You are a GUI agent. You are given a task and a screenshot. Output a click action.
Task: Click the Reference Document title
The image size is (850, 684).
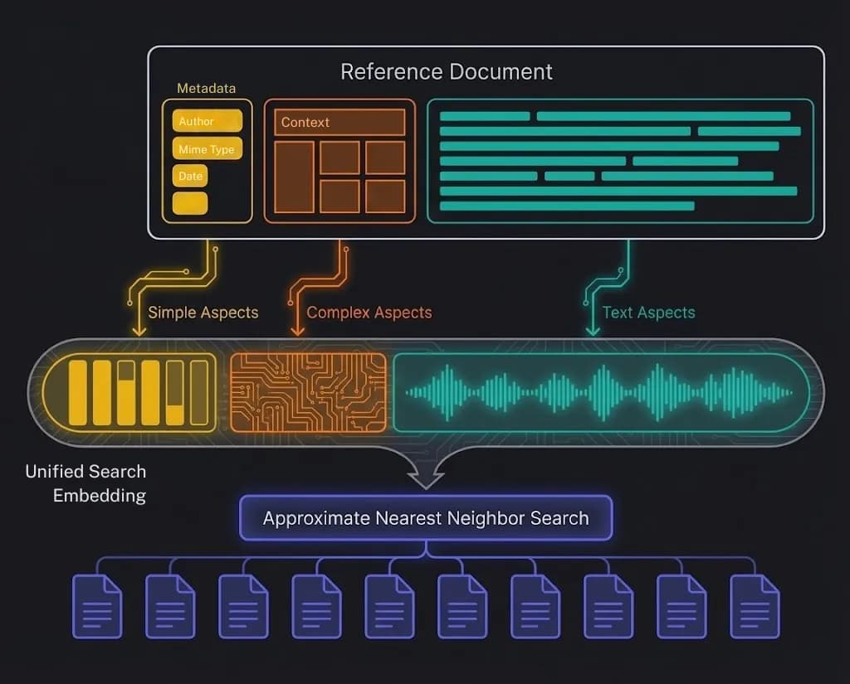tap(447, 71)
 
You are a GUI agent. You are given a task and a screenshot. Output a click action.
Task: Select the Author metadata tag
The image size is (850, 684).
tap(207, 121)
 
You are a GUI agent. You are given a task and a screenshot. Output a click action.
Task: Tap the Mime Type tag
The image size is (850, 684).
tap(207, 149)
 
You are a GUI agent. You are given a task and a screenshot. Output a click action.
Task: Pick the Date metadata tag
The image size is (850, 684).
tap(190, 176)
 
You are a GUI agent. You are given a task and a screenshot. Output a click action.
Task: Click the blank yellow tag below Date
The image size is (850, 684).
tap(190, 203)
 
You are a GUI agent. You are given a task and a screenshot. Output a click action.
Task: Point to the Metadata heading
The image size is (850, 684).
tap(207, 88)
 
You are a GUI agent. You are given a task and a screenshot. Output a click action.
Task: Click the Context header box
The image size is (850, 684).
tap(340, 122)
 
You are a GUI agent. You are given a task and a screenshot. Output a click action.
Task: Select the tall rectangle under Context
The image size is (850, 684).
tap(295, 177)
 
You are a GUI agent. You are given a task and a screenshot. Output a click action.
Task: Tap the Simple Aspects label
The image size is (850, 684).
tap(203, 313)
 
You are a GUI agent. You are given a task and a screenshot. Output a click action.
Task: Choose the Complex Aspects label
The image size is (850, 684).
tap(369, 313)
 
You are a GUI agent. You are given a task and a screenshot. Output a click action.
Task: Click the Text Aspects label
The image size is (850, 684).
tap(649, 313)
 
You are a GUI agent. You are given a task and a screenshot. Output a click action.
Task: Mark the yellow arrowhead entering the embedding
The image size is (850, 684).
tap(139, 330)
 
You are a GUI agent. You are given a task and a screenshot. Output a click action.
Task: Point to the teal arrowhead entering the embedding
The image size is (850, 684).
tap(593, 330)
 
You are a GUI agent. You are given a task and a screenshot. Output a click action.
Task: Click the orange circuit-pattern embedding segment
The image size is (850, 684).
tap(308, 392)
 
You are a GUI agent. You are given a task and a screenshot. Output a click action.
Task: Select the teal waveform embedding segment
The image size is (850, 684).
tap(599, 392)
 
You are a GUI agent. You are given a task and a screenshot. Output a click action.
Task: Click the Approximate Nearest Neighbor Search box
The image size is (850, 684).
tap(426, 518)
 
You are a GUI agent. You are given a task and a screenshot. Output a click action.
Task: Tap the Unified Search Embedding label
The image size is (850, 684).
tap(86, 483)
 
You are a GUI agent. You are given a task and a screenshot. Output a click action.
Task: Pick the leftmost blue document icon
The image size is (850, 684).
tap(97, 606)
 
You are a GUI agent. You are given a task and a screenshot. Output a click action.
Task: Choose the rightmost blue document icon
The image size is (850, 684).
tap(755, 606)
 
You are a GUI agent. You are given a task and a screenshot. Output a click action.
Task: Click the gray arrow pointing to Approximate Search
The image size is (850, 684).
tap(426, 475)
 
